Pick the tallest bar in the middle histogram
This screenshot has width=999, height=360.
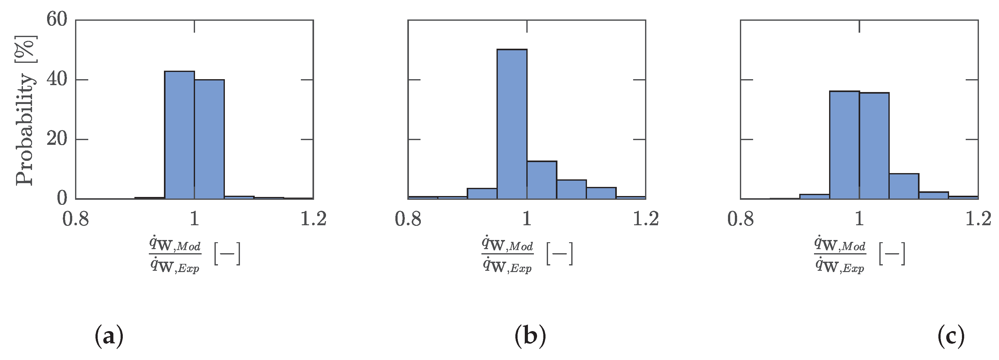coord(512,124)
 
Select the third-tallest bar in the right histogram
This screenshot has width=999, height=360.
coord(904,186)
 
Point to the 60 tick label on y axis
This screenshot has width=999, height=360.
coord(57,19)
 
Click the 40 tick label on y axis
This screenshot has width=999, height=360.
coord(57,79)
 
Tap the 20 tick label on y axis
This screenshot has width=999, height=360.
coord(57,139)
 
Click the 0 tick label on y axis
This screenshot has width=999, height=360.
coord(62,199)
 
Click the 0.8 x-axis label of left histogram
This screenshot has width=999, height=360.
coord(76,219)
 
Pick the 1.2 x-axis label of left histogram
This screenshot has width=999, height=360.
coord(313,219)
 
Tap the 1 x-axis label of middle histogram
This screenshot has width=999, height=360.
coord(527,219)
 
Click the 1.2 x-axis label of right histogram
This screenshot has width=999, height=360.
coord(978,219)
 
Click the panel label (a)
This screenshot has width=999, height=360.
coord(109,336)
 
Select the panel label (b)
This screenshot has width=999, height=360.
coord(530,336)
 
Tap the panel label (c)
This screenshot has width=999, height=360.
coord(951,336)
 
